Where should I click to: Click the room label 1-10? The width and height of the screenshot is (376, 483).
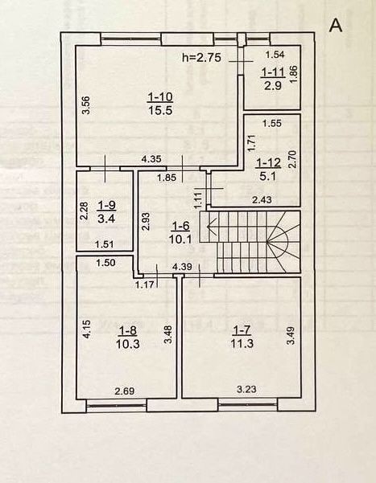(160, 97)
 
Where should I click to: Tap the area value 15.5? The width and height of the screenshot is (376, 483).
(160, 110)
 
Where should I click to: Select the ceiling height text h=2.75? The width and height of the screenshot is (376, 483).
(201, 57)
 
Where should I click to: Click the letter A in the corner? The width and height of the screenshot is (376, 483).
(336, 26)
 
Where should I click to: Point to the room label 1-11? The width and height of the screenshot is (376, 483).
(273, 72)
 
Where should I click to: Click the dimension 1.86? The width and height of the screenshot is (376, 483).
(294, 74)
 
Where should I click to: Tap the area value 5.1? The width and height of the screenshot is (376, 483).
(269, 177)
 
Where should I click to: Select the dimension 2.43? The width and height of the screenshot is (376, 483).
(262, 200)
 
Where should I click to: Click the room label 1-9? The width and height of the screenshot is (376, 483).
(106, 206)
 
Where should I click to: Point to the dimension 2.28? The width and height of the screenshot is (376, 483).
(85, 211)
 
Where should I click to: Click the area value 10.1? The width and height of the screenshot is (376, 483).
(180, 239)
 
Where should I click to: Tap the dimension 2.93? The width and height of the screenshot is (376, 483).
(146, 222)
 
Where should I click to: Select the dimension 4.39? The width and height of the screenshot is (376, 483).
(183, 266)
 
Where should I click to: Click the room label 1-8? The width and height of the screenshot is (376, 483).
(128, 331)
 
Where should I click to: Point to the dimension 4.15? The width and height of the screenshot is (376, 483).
(88, 330)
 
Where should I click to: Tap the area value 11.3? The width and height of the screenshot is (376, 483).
(242, 343)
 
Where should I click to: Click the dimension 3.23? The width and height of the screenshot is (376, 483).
(246, 389)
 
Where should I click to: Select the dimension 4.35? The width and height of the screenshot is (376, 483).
(151, 159)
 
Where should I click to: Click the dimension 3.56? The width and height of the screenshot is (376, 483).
(88, 105)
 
